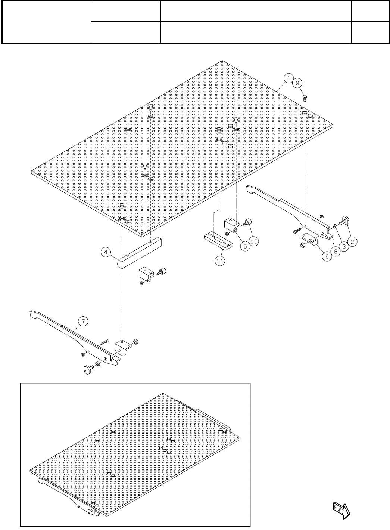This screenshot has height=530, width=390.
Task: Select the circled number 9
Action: (x=297, y=83)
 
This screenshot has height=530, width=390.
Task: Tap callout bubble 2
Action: (x=352, y=241)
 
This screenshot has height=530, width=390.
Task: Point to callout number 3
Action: (x=344, y=246)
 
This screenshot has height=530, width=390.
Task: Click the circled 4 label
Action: (x=106, y=253)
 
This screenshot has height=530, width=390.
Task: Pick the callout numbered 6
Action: (x=327, y=257)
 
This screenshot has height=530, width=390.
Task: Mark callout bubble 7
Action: (x=83, y=321)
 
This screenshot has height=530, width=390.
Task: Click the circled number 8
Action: (x=335, y=252)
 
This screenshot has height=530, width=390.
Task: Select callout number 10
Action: (x=254, y=241)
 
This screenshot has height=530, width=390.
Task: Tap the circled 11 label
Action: (x=220, y=261)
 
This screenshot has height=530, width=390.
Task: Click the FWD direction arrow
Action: (x=341, y=509)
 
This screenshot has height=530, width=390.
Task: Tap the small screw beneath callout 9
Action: (x=304, y=98)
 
